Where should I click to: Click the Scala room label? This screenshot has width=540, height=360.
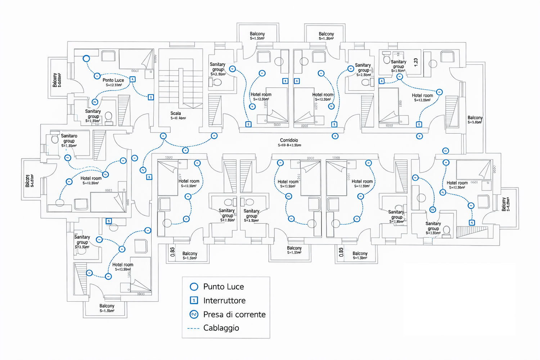(x=176, y=113)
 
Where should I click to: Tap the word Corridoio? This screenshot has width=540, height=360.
(x=289, y=140)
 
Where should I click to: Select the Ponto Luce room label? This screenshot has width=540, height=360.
(x=113, y=80)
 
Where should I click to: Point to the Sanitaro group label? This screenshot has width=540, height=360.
(x=69, y=138)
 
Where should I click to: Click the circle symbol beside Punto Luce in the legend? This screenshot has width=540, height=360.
(x=194, y=287)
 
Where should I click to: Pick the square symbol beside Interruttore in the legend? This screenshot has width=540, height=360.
(x=194, y=300)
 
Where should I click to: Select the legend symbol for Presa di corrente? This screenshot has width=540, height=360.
(x=194, y=314)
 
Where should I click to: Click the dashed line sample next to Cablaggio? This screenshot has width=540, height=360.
(x=193, y=328)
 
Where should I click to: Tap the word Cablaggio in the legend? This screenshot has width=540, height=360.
(x=221, y=328)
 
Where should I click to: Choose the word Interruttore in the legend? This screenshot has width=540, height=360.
(x=224, y=301)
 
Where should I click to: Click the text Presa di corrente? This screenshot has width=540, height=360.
(x=234, y=314)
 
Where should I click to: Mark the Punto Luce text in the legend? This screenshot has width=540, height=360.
(x=224, y=287)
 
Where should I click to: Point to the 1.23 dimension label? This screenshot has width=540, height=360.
(x=416, y=62)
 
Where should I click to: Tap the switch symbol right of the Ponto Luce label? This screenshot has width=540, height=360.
(x=132, y=79)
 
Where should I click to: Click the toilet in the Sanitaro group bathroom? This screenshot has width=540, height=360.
(x=55, y=139)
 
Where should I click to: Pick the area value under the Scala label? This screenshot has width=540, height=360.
(x=178, y=118)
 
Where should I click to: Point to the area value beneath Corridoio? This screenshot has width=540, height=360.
(x=289, y=145)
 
